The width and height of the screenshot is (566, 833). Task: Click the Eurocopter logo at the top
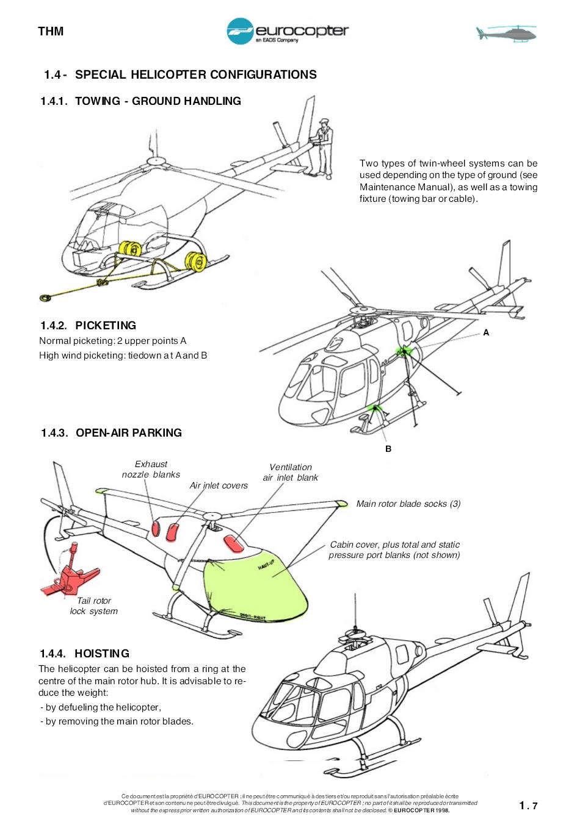288,31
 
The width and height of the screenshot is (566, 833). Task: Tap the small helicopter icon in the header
506,33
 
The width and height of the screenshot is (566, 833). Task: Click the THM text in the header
51,31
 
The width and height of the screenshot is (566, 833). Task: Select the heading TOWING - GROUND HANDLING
158,101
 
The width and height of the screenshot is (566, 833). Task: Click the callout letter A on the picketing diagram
486,332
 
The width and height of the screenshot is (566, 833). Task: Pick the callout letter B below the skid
388,449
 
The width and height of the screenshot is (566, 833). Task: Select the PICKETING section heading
106,326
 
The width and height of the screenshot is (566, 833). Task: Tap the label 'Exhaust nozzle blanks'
151,470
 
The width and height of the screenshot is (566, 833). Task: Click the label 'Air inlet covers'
219,485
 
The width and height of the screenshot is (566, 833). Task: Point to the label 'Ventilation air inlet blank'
291,472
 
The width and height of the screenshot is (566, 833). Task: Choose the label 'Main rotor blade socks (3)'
408,504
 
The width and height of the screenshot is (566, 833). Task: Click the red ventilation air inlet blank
233,544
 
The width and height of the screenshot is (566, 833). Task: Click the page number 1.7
528,806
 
